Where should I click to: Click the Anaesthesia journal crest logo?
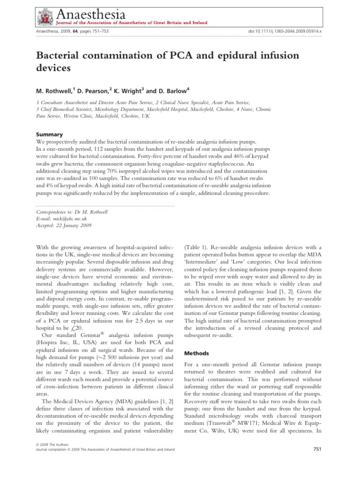pyautogui.click(x=45, y=16)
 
